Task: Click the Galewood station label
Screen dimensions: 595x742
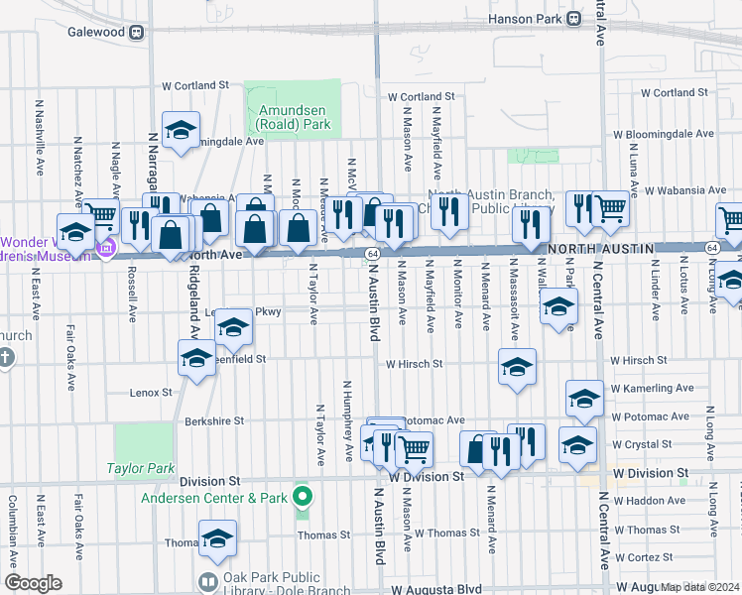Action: [96, 31]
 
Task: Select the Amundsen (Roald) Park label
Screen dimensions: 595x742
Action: [293, 118]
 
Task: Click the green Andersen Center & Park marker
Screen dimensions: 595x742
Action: [304, 497]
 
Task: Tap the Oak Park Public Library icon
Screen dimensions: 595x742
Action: [208, 581]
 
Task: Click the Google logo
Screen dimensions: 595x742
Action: [33, 583]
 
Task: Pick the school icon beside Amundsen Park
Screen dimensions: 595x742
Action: [182, 130]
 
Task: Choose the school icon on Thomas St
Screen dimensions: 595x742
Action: [217, 538]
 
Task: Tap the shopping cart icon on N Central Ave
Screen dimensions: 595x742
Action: [610, 208]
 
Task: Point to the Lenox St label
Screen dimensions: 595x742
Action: [151, 393]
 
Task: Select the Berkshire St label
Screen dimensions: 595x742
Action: [213, 421]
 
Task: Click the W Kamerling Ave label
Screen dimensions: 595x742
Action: [652, 388]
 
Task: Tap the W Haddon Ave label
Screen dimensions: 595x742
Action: [648, 501]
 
